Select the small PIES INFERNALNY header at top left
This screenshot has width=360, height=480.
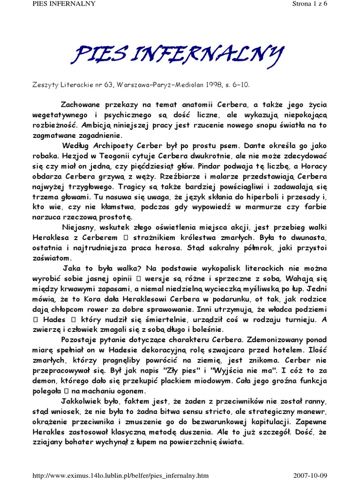coord(32,4)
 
